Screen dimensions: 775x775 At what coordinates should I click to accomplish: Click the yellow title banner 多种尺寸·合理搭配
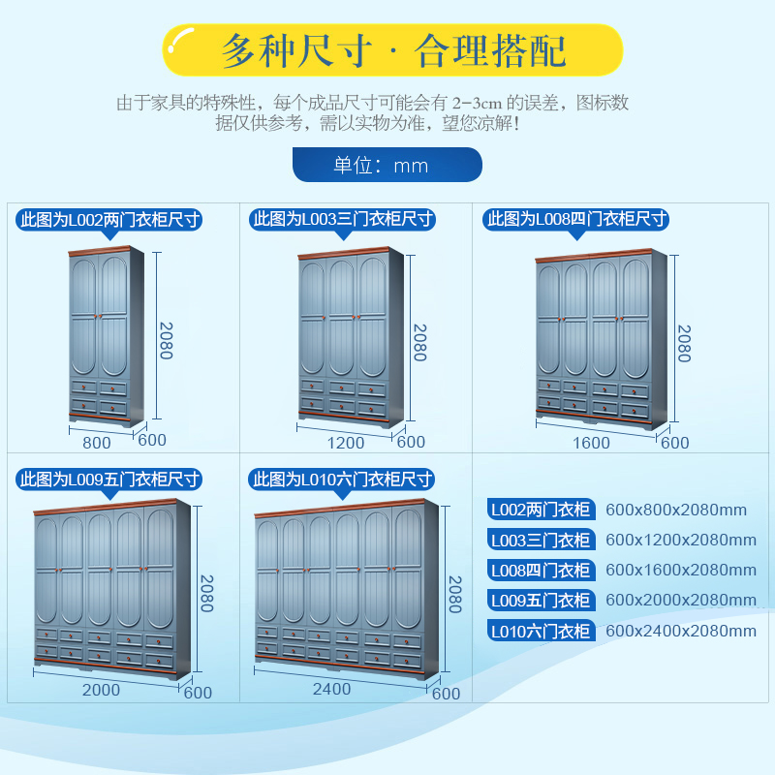pos(392,50)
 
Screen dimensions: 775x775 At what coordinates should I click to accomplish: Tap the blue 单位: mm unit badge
pos(387,165)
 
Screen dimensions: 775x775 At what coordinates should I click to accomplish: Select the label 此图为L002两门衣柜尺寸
pos(110,220)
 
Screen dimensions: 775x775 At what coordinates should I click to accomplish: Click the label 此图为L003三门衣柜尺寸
pos(342,220)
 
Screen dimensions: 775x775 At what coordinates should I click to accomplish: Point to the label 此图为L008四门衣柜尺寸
pos(576,220)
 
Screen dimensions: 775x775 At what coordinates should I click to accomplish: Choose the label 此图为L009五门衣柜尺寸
pos(110,479)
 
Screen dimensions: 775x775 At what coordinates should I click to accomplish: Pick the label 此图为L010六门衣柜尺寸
pos(342,479)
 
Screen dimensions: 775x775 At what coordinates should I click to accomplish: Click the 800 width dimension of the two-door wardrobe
pos(97,443)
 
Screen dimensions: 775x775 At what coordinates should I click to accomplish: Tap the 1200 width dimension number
pos(346,443)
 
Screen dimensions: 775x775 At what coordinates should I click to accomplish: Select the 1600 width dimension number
pos(591,443)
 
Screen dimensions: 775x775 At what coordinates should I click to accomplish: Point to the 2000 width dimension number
pos(101,691)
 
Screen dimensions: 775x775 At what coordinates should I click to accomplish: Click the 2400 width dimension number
pos(331,690)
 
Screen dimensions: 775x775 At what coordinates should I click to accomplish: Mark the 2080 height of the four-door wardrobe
pos(683,343)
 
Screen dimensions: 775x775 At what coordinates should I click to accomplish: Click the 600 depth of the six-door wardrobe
pos(446,694)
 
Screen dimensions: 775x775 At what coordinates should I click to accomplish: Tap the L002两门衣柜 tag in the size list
pos(540,510)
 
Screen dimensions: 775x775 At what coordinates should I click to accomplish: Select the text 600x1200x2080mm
pos(680,540)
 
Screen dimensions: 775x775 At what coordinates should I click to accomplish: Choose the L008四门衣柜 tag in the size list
pos(540,571)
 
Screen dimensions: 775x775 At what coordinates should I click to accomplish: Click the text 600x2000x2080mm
pos(680,601)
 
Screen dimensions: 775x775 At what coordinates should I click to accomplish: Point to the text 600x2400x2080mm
pos(680,632)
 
